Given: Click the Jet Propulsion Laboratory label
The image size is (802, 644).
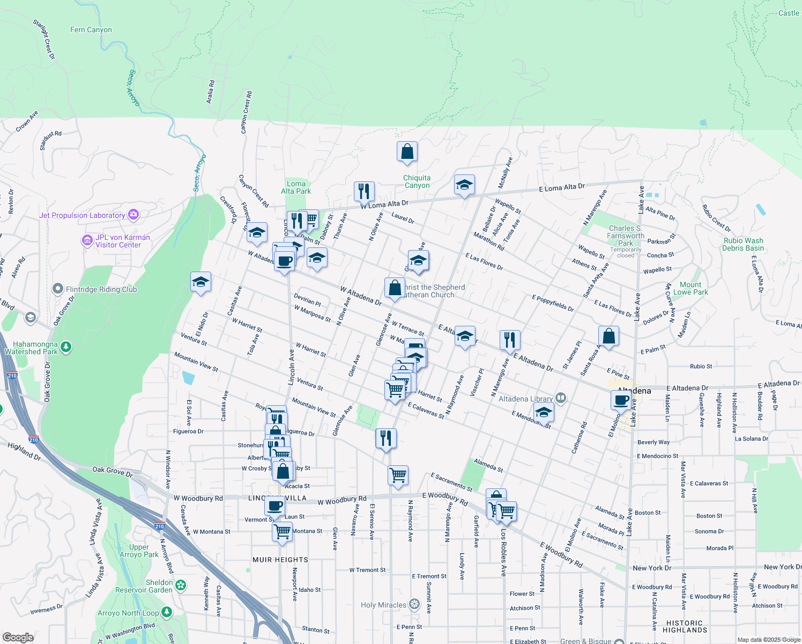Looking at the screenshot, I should click(82, 215).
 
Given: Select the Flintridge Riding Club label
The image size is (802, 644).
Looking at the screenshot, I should click(101, 289).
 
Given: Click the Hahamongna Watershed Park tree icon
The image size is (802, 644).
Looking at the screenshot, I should click(66, 347).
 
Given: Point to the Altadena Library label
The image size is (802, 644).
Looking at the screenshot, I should click(525, 399).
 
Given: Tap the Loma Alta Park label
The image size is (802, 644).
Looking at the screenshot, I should click(296, 187).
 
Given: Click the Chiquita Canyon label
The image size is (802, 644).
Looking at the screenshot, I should click(417, 181).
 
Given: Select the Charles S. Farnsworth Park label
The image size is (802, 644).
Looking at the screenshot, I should click(626, 236).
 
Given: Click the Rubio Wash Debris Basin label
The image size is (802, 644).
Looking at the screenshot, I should click(742, 244).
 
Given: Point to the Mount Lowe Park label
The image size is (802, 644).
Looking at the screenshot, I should click(690, 288).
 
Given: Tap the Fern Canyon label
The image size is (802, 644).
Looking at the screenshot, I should click(91, 30).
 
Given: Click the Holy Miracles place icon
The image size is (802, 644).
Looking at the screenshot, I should click(414, 604).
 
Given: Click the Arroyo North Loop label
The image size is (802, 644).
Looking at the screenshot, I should click(128, 613).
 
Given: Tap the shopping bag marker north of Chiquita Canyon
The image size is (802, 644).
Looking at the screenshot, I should click(407, 152).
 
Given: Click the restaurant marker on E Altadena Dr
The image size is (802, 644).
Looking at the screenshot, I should click(510, 340).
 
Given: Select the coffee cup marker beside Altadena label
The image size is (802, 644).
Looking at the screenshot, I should click(621, 400).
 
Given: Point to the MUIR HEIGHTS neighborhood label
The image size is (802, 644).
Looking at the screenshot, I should click(280, 560).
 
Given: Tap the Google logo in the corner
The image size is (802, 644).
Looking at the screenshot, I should click(18, 637).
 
